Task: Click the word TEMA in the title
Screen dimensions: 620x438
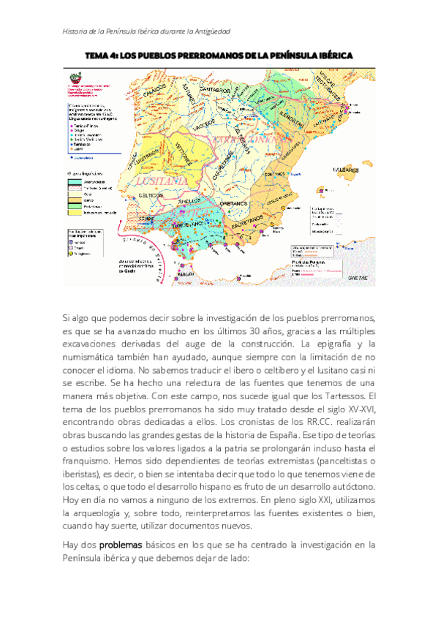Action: pos(99,56)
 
